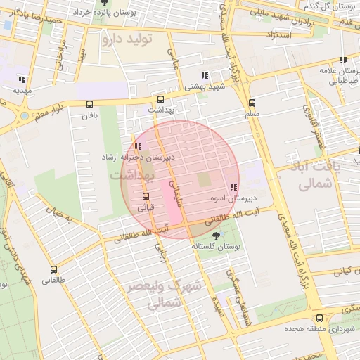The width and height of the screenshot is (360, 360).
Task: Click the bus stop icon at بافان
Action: click(89, 104)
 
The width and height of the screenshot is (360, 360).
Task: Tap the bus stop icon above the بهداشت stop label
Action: click(161, 99)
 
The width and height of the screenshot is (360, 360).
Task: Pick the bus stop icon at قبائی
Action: click(146, 196)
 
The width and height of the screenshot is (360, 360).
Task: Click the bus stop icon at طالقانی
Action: click(53, 269)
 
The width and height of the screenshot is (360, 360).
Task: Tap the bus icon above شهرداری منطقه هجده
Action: click(320, 318)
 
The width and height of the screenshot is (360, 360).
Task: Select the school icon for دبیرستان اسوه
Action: click(233, 188)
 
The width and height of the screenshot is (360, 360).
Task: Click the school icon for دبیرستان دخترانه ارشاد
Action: click(139, 146)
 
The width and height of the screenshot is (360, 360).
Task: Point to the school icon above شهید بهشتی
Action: click(205, 75)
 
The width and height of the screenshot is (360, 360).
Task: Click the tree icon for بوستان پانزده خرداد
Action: click(104, 3)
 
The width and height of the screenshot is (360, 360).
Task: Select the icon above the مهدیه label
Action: click(22, 79)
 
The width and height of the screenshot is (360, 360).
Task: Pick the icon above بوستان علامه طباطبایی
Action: click(342, 60)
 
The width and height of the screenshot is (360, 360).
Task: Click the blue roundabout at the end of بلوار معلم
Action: click(25, 115)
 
